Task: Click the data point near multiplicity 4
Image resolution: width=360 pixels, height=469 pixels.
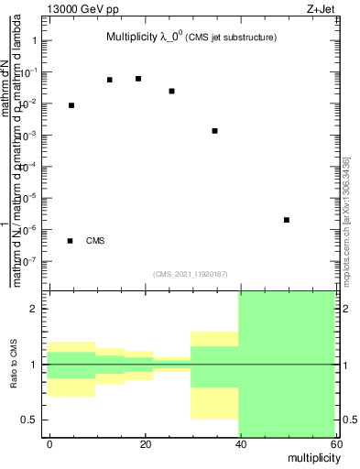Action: tap(71, 105)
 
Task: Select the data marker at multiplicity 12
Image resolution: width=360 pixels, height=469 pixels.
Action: tap(110, 80)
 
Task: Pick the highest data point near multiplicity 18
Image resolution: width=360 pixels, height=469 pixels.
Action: tap(138, 79)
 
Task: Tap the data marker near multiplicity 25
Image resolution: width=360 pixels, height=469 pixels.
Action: tap(172, 91)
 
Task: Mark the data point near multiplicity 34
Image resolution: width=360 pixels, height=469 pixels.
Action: tap(214, 131)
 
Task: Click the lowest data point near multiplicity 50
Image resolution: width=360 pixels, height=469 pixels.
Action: tap(287, 220)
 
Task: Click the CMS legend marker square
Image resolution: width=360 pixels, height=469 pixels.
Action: tap(71, 241)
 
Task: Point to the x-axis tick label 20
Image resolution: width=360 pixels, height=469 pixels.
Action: tap(144, 443)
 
